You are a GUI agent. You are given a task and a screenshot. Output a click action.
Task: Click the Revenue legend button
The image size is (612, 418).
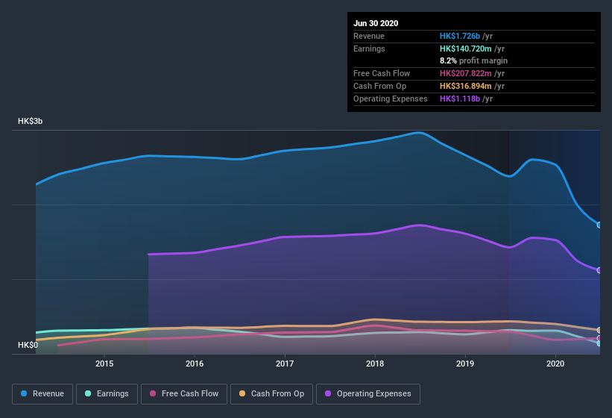43,393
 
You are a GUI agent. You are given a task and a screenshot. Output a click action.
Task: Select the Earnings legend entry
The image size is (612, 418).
107,393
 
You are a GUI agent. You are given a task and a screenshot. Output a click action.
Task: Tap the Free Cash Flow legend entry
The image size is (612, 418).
184,393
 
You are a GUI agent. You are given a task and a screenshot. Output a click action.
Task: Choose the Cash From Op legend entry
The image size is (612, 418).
271,393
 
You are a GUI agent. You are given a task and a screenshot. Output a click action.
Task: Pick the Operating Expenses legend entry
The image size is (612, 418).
367,393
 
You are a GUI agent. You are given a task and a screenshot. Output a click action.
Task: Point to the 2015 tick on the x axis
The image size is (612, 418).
104,364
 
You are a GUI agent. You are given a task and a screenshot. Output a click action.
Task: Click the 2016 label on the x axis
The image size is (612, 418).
195,364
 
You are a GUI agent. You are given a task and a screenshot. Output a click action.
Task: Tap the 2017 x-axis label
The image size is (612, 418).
285,364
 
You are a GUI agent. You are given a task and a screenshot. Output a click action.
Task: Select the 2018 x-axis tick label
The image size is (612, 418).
375,364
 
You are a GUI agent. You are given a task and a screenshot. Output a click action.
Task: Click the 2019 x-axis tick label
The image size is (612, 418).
465,364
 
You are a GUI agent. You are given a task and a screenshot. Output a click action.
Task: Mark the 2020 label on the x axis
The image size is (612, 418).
555,364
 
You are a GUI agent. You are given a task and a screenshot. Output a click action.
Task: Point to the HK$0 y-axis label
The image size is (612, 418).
28,345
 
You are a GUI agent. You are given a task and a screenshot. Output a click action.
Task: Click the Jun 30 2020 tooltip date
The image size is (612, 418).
376,23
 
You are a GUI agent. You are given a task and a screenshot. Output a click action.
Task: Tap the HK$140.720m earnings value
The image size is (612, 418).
466,49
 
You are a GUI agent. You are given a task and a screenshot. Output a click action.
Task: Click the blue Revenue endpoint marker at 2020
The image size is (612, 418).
599,225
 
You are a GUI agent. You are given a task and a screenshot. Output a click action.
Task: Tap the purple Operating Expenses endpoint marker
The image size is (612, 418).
599,270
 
